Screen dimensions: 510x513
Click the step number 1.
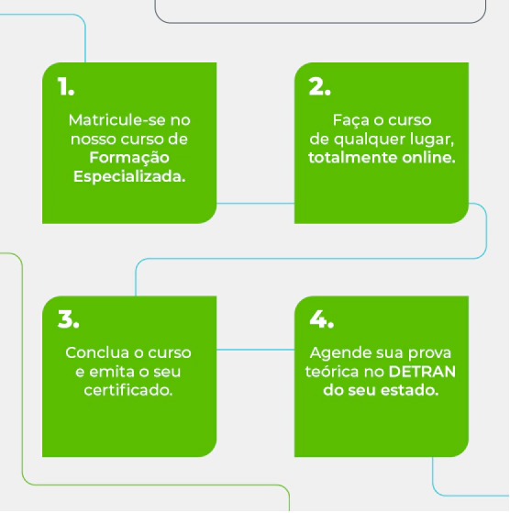66,86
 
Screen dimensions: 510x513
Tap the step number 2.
319,86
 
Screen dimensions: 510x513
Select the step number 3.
68,319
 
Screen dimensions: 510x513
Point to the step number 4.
321,319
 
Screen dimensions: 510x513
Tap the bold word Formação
129,158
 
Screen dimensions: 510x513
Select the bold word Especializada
129,177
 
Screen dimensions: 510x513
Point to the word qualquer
370,139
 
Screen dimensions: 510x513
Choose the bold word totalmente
353,158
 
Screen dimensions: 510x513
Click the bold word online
428,158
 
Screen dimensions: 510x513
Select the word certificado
128,390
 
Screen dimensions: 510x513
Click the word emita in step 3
108,372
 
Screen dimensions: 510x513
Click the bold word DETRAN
422,372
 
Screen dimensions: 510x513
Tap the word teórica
332,372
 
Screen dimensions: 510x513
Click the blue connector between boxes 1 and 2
255,204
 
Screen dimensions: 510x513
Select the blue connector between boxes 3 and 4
255,350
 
